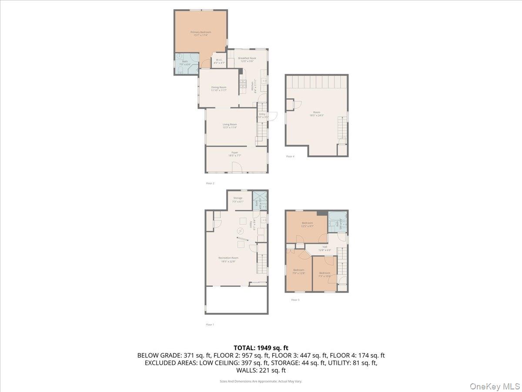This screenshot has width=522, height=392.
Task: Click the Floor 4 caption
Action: click(x=290, y=156)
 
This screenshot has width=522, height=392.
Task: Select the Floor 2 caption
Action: click(x=210, y=183)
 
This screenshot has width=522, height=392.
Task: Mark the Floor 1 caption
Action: click(x=210, y=324)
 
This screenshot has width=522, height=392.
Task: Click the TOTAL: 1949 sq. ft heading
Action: click(x=261, y=348)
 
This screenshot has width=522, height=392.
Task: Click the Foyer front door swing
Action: click(x=237, y=167)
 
